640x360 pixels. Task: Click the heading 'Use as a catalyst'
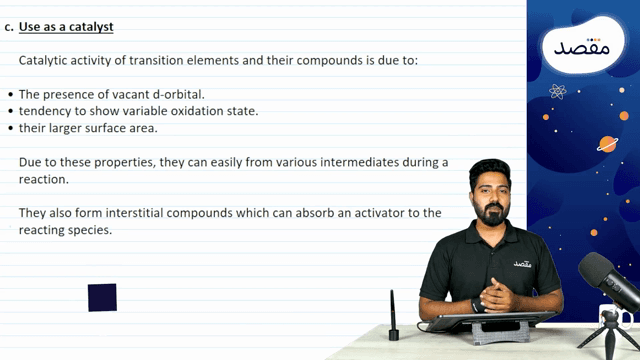(67, 27)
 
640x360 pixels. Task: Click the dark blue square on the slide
(102, 297)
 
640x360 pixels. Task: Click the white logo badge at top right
(583, 46)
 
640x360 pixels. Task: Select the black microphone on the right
(608, 279)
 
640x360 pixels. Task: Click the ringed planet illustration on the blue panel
(607, 143)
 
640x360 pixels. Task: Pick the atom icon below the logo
(557, 91)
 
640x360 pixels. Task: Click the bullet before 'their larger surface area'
(10, 128)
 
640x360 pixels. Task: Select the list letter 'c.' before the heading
(8, 27)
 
